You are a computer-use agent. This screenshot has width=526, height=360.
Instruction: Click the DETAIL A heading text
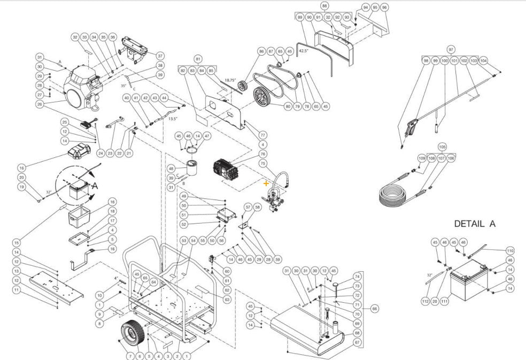click(474, 224)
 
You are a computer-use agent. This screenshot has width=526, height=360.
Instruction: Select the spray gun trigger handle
click(409, 128)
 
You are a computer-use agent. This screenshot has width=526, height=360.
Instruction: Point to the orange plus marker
click(266, 183)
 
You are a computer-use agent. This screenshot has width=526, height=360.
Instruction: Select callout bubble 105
click(442, 147)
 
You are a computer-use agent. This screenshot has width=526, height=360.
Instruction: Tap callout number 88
click(324, 5)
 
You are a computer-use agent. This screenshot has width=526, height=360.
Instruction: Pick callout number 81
click(198, 58)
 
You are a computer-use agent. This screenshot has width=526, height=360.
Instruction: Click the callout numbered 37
click(160, 55)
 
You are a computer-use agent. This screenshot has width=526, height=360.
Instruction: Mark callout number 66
click(374, 309)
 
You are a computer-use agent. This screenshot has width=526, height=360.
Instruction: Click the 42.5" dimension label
click(304, 51)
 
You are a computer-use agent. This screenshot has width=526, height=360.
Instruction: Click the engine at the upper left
click(82, 87)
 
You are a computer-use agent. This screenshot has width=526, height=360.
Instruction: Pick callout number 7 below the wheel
click(129, 356)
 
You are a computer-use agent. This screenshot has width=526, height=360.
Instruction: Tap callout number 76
click(262, 154)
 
